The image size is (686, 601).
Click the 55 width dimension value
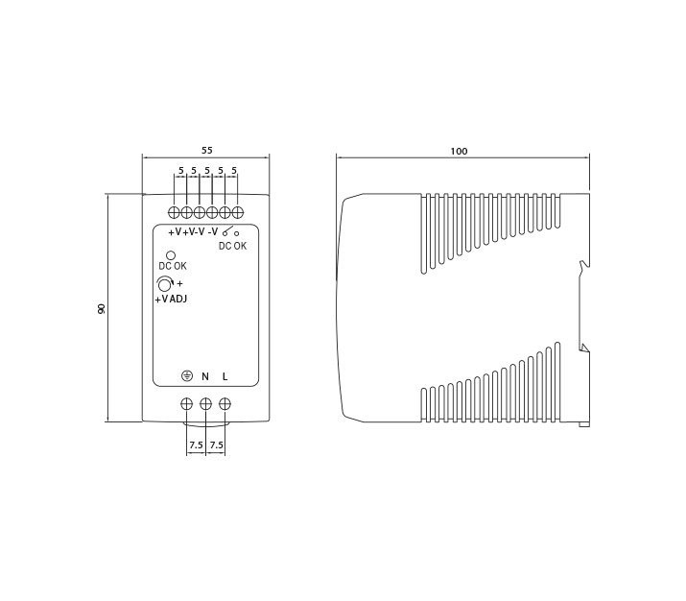[206, 150]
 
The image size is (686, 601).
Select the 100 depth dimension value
[459, 151]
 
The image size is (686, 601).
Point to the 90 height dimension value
[101, 308]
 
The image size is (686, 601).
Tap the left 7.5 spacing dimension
[196, 445]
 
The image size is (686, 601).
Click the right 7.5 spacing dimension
[217, 445]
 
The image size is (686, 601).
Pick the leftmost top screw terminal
[174, 213]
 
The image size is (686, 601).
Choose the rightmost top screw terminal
[238, 213]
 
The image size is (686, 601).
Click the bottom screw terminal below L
[225, 404]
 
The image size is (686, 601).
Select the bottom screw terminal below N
[205, 404]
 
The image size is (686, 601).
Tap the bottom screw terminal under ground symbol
[187, 404]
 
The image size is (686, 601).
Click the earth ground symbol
[187, 376]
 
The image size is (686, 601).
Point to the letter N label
[205, 376]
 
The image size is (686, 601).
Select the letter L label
[225, 376]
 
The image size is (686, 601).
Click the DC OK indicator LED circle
[171, 255]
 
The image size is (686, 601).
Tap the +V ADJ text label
[171, 300]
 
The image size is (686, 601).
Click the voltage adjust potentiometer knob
[165, 285]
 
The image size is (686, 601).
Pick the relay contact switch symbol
[230, 231]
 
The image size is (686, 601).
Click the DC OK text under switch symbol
[233, 246]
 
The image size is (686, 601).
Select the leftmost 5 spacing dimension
[180, 170]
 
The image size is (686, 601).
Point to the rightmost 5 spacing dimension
[234, 170]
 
